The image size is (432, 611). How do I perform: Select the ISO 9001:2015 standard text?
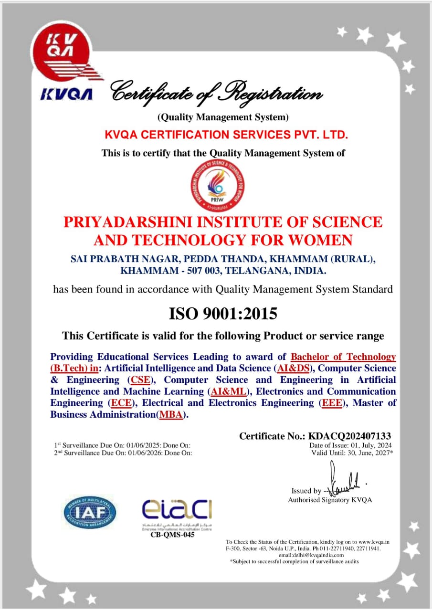(x=223, y=314)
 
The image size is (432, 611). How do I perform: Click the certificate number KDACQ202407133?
(x=350, y=435)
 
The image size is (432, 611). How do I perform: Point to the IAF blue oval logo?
(x=90, y=512)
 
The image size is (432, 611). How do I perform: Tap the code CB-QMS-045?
(x=169, y=535)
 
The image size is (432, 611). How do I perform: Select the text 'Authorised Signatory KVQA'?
(x=329, y=500)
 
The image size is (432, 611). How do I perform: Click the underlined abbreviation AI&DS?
(x=295, y=369)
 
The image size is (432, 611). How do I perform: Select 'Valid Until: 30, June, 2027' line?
(x=352, y=453)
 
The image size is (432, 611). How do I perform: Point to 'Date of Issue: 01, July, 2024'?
(x=351, y=445)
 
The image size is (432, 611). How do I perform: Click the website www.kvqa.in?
(x=374, y=542)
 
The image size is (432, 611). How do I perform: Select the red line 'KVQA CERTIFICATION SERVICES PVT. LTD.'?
(x=226, y=135)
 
